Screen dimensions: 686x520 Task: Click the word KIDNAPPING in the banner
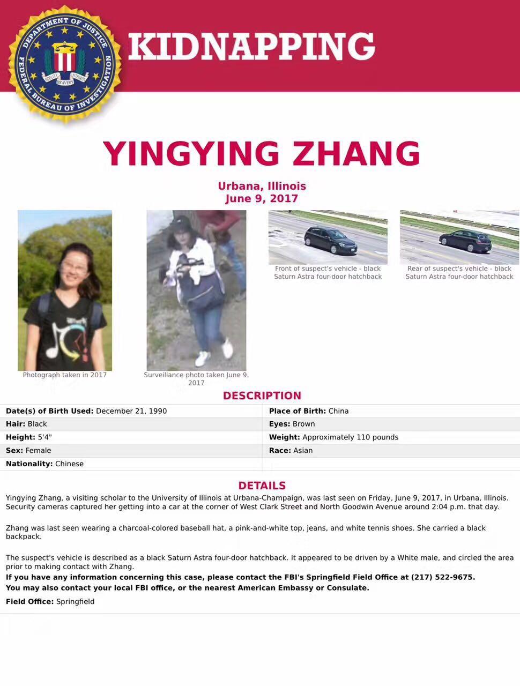pyautogui.click(x=251, y=46)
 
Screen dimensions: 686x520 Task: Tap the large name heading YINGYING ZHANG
pyautogui.click(x=261, y=153)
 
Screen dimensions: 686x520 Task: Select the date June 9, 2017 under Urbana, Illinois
pyautogui.click(x=262, y=199)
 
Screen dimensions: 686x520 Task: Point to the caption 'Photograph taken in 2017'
pyautogui.click(x=65, y=375)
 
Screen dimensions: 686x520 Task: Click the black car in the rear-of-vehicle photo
pyautogui.click(x=465, y=241)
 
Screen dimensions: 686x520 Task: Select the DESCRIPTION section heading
pyautogui.click(x=262, y=396)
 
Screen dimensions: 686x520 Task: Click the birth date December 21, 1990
pyautogui.click(x=131, y=411)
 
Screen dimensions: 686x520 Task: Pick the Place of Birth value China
pyautogui.click(x=338, y=411)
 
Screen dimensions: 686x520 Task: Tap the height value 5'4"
pyautogui.click(x=44, y=437)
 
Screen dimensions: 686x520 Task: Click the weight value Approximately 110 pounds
pyautogui.click(x=350, y=437)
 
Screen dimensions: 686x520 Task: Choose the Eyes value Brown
pyautogui.click(x=303, y=424)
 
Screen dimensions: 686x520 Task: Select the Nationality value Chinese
pyautogui.click(x=69, y=464)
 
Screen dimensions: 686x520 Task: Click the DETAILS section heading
pyautogui.click(x=262, y=486)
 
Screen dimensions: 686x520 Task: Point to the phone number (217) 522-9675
pyautogui.click(x=442, y=577)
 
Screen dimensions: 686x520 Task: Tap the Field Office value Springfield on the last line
pyautogui.click(x=75, y=601)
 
